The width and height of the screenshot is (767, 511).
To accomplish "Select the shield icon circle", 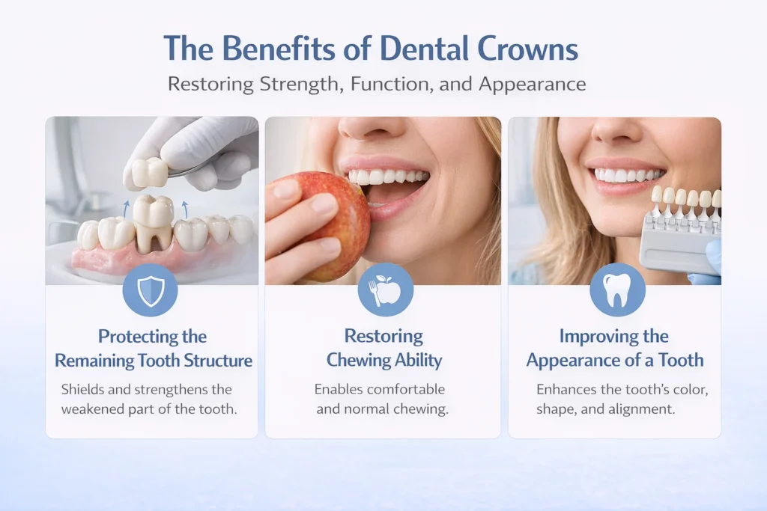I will pyautogui.click(x=150, y=290).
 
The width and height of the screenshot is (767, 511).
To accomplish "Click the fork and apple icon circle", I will pyautogui.click(x=385, y=290).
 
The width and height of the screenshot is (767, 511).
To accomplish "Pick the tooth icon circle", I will pyautogui.click(x=617, y=290).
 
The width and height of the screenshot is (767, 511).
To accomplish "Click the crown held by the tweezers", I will pyautogui.click(x=150, y=172).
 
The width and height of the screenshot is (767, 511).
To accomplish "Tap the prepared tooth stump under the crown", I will pyautogui.click(x=154, y=239).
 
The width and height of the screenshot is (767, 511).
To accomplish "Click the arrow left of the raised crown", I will pyautogui.click(x=126, y=208).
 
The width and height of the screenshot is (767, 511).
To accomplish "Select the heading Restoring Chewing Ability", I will pyautogui.click(x=383, y=348).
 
